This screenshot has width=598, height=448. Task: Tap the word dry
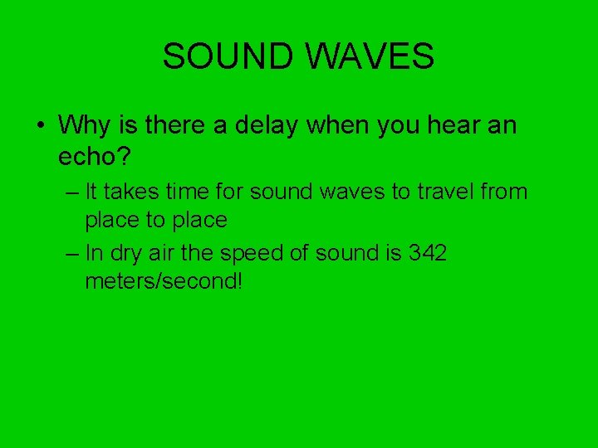126,253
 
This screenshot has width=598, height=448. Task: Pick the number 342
428,253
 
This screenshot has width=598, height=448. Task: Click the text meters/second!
164,281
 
